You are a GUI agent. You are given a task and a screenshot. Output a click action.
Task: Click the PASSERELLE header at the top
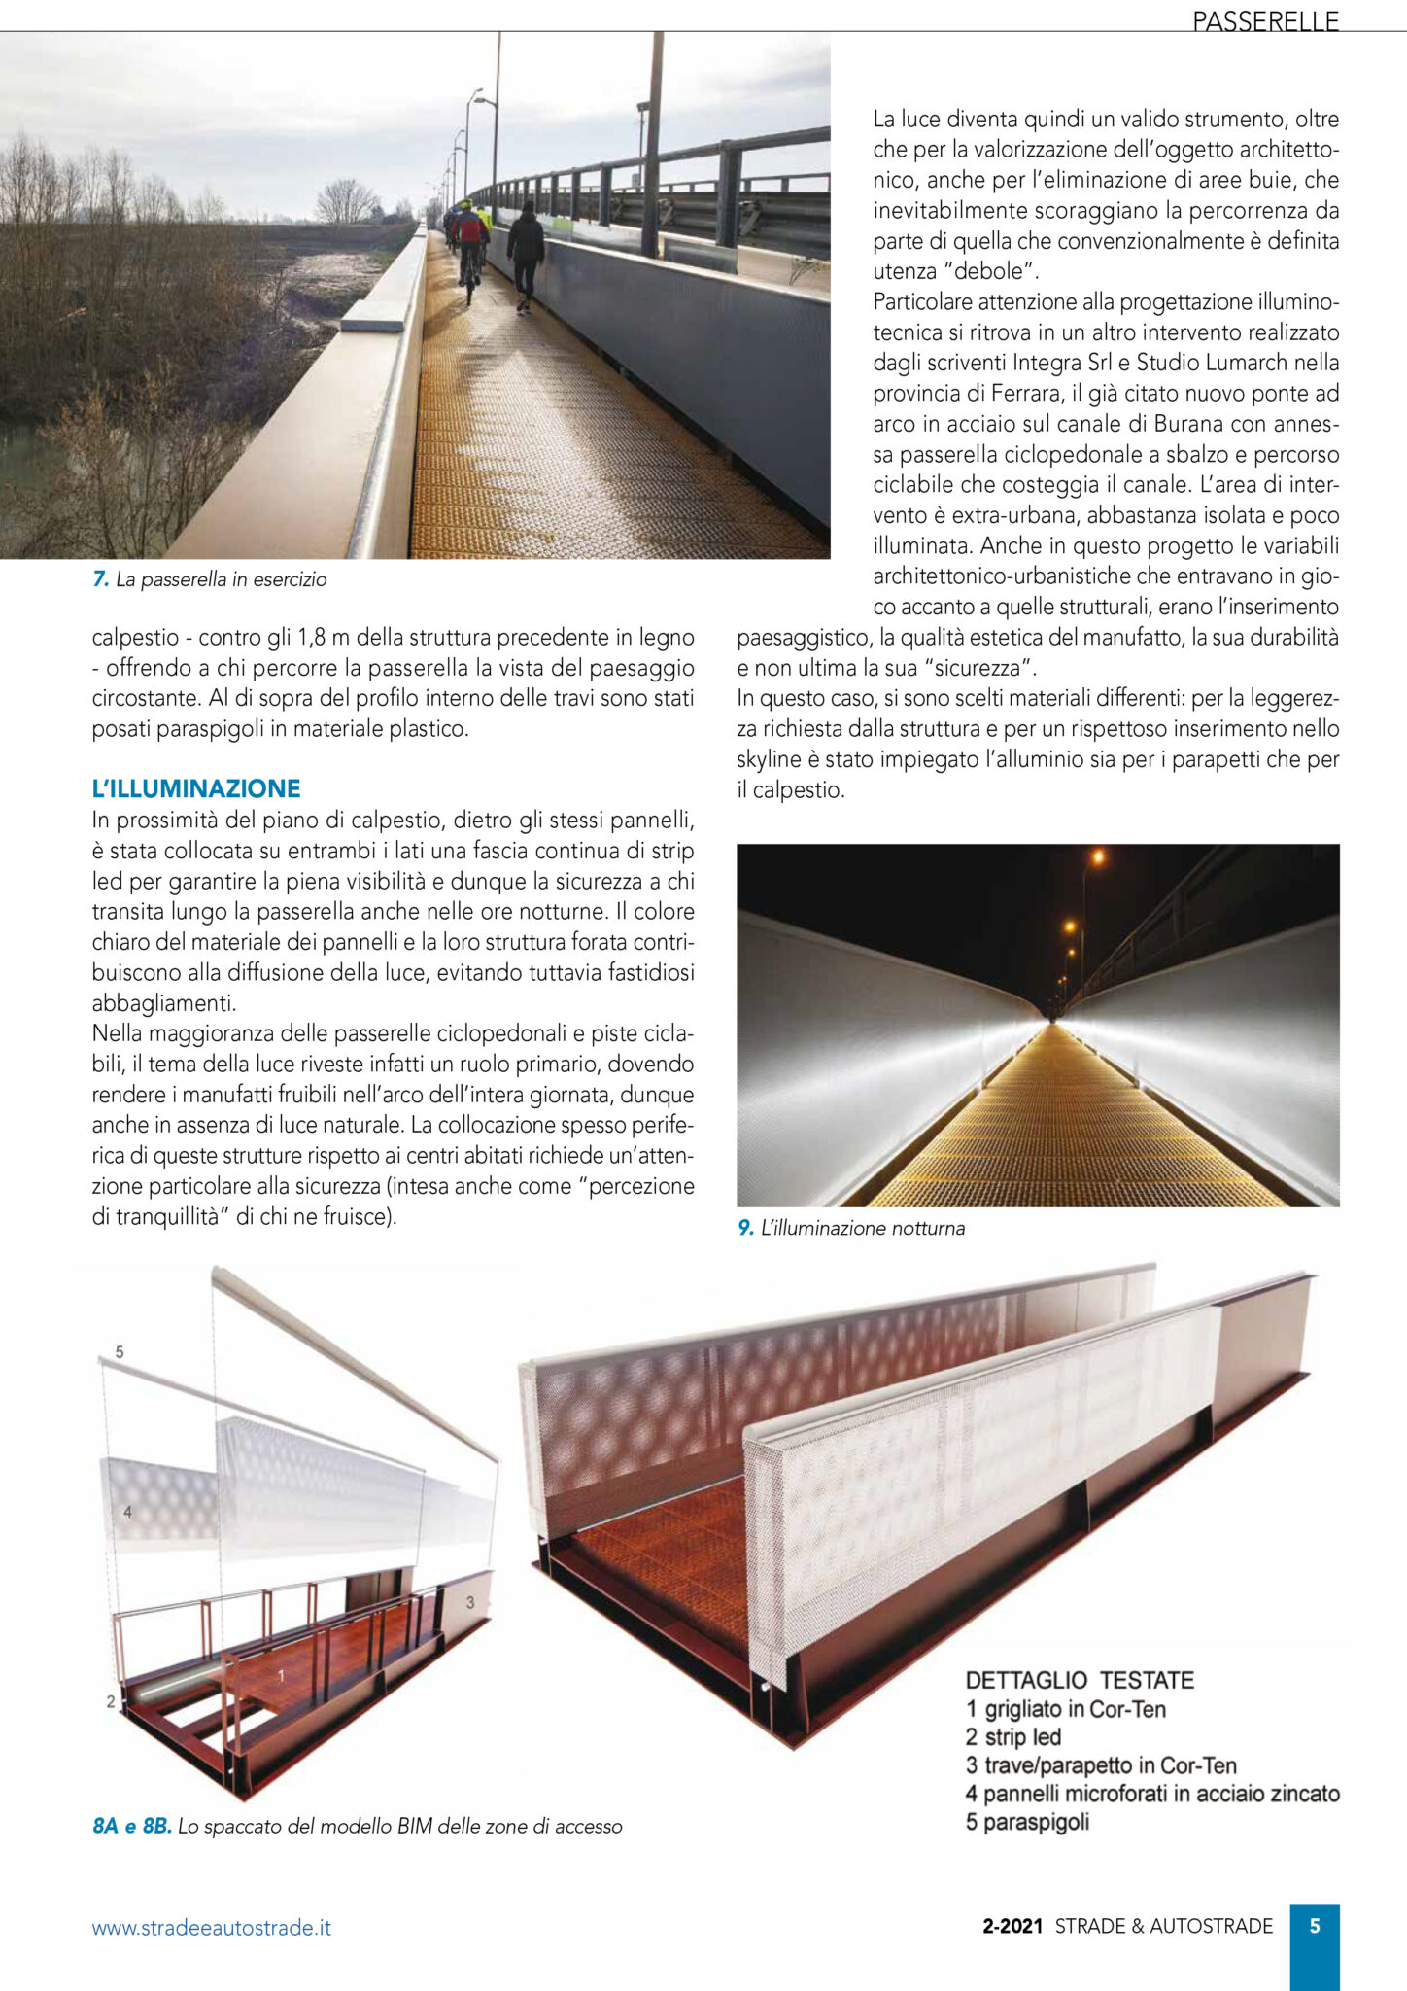point(1265,20)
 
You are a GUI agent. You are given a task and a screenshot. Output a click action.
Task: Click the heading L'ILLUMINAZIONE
point(196,788)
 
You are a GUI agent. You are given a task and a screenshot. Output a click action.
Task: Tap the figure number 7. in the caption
point(100,579)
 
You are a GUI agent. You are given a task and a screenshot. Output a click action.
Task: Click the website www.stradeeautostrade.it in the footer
point(211,1927)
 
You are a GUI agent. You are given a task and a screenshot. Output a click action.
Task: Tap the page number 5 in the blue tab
point(1314,1926)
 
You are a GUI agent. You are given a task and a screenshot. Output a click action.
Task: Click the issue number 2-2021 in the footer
point(1012,1926)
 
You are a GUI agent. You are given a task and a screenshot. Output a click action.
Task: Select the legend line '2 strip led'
point(1012,1736)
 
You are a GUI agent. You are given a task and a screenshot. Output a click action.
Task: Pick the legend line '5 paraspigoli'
point(1027,1821)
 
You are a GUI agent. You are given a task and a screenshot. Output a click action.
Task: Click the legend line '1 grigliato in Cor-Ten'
point(1065,1708)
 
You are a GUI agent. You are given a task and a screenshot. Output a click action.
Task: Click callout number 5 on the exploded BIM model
point(120,1351)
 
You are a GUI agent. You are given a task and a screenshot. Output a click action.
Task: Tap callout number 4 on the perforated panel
point(127,1512)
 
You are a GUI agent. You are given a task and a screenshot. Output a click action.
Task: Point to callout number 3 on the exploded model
point(470,1601)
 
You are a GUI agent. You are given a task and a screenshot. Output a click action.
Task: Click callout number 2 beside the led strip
point(111,1701)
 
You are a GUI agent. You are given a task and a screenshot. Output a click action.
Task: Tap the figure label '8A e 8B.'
point(132,1826)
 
